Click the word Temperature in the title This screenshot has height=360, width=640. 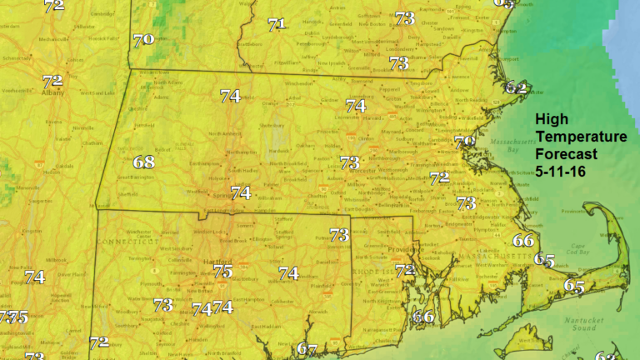click(581, 137)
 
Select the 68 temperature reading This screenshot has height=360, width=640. click(144, 162)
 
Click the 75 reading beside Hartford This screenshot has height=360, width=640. click(222, 271)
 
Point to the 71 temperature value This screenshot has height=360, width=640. click(277, 24)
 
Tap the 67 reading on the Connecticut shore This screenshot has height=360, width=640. click(307, 349)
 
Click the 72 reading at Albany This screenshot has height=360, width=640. click(52, 81)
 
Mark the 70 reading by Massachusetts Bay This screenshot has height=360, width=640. click(464, 142)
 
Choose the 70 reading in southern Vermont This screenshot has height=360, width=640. click(143, 38)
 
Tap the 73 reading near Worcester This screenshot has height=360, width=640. click(349, 162)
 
